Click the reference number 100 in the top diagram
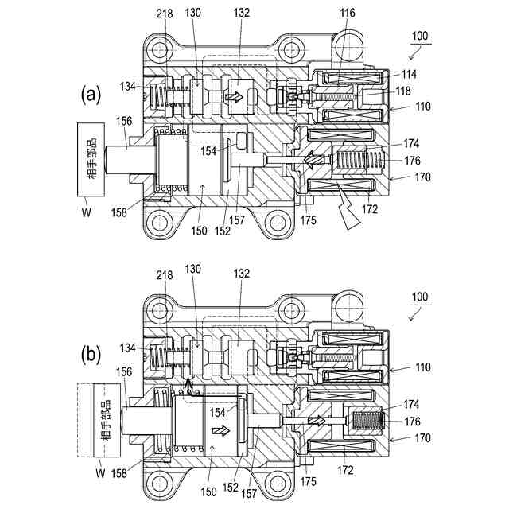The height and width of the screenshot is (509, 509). coord(420,37)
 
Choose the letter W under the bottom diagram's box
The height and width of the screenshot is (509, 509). coord(99,472)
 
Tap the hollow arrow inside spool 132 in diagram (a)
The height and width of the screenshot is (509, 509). coord(235,96)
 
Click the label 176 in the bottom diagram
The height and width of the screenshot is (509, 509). coord(411,422)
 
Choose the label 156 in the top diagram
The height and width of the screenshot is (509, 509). coord(123,122)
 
